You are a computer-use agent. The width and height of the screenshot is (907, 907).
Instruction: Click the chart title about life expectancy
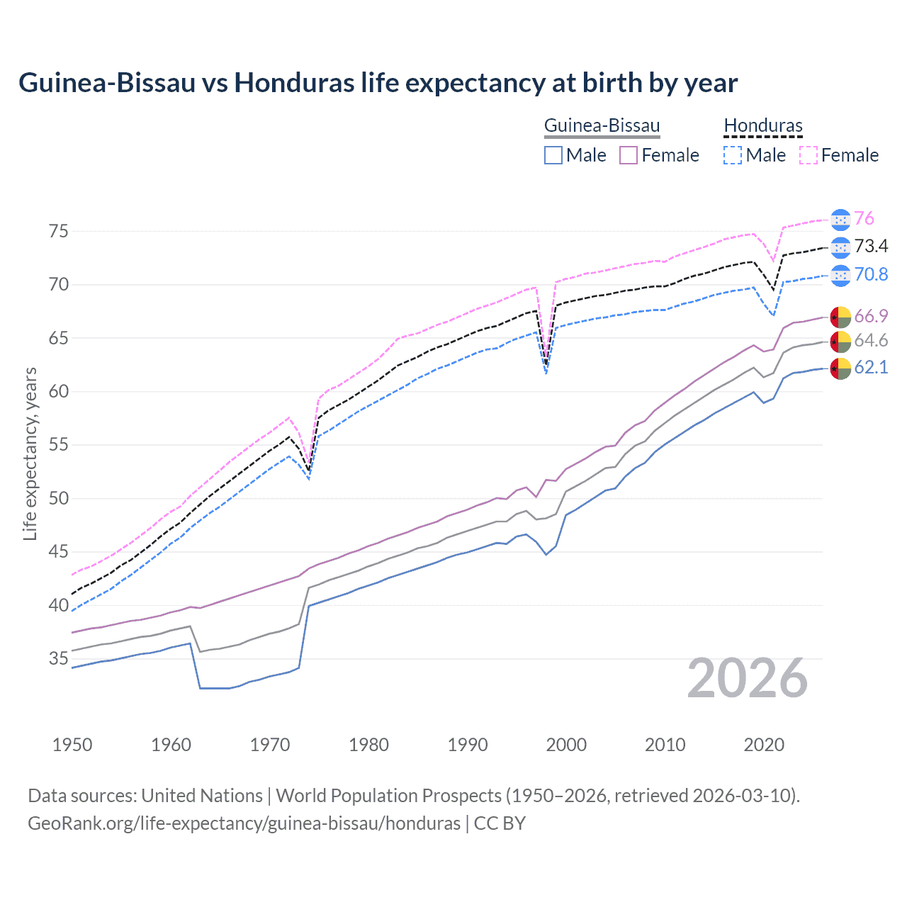click(x=378, y=83)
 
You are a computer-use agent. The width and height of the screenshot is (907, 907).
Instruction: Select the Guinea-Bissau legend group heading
click(x=602, y=126)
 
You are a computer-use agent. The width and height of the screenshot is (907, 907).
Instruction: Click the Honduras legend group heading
click(x=763, y=126)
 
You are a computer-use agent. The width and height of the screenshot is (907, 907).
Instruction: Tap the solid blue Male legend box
click(x=553, y=155)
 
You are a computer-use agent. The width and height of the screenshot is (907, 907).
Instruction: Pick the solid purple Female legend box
click(x=629, y=155)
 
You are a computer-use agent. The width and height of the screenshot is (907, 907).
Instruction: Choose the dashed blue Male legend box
click(x=733, y=155)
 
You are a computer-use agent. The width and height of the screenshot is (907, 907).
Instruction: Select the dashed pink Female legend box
click(x=809, y=155)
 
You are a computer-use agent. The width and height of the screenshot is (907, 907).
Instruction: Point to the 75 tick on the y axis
click(x=59, y=231)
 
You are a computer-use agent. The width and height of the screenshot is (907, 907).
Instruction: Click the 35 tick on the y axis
click(x=59, y=658)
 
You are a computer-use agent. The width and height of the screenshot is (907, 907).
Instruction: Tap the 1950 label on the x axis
click(x=72, y=745)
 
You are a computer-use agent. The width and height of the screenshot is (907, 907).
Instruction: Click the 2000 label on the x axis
click(x=566, y=745)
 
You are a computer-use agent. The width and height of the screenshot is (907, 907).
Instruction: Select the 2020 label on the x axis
click(x=764, y=745)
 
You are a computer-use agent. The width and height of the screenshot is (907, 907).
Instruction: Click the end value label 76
click(x=864, y=219)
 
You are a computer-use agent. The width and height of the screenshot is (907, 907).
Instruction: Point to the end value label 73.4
click(x=871, y=247)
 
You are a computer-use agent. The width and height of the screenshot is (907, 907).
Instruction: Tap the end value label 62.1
click(x=871, y=367)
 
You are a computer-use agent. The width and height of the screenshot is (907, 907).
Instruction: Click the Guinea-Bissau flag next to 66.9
click(x=840, y=316)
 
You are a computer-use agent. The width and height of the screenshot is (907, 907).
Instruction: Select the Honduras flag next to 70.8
click(x=840, y=275)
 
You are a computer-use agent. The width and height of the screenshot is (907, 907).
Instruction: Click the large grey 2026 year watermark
click(x=748, y=678)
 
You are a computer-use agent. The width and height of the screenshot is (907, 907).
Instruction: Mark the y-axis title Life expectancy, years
click(x=30, y=453)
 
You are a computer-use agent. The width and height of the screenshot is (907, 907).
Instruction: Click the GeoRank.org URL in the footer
click(x=244, y=823)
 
